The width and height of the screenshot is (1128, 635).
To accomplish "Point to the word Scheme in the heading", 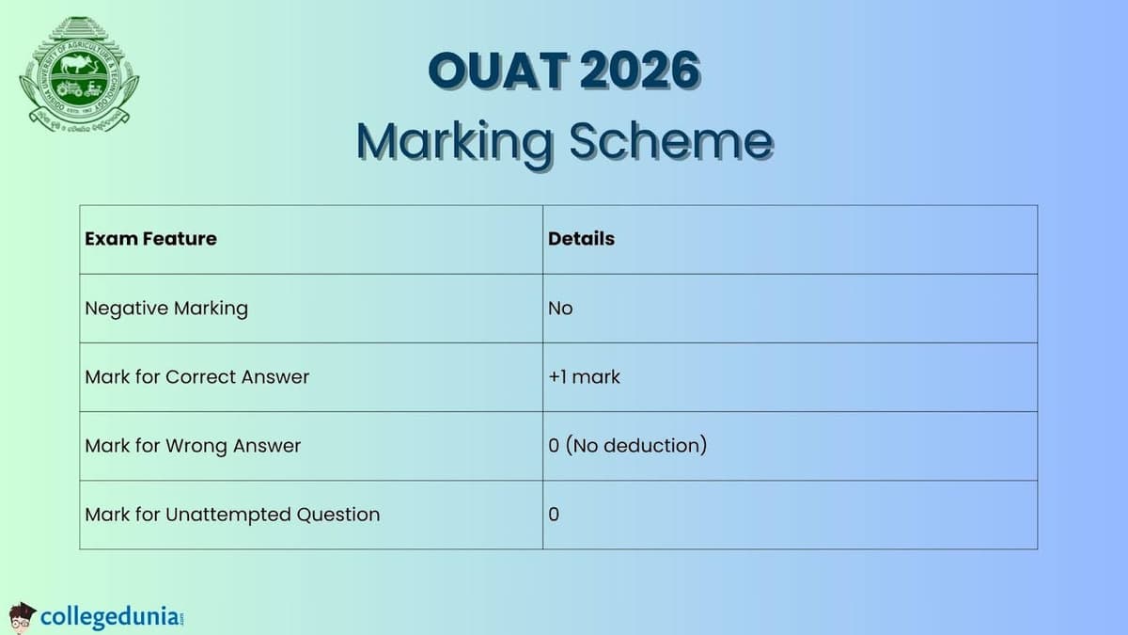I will [671, 142].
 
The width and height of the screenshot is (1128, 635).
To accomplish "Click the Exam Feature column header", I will [150, 239].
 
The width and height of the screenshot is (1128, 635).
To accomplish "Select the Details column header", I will [581, 239].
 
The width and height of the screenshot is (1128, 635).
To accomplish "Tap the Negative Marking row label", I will [166, 309].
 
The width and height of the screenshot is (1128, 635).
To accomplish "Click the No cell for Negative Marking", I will [560, 309].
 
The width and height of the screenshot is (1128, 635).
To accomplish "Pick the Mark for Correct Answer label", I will [196, 377].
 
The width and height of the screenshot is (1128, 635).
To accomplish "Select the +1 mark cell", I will [584, 377].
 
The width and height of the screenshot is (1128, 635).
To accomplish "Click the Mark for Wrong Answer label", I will [193, 446].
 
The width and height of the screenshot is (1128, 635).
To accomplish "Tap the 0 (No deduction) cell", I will [627, 446].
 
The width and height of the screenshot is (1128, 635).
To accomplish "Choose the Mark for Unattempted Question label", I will [232, 515].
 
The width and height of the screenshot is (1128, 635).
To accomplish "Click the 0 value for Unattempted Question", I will [554, 515].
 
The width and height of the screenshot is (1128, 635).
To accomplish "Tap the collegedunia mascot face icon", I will [23, 616].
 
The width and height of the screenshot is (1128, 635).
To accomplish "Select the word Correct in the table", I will [202, 377].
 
